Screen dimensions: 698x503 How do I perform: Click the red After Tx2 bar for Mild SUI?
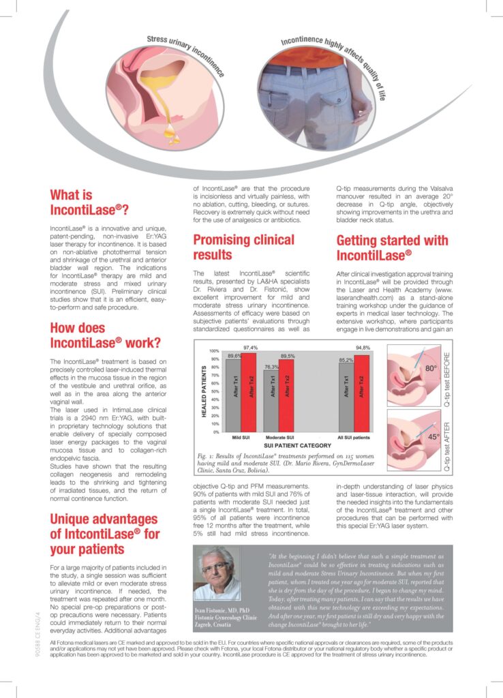[249, 391]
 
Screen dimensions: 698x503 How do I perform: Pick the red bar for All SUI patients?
[362, 391]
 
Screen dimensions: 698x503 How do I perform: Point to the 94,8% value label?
[363, 348]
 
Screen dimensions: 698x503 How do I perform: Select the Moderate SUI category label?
[279, 437]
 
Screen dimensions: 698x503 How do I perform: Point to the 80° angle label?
[430, 369]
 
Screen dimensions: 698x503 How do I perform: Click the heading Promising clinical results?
[243, 247]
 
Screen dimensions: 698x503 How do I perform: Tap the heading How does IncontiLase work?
[105, 335]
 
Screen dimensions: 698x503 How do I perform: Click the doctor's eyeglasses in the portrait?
[217, 566]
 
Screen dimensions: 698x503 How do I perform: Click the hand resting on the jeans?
[362, 109]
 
